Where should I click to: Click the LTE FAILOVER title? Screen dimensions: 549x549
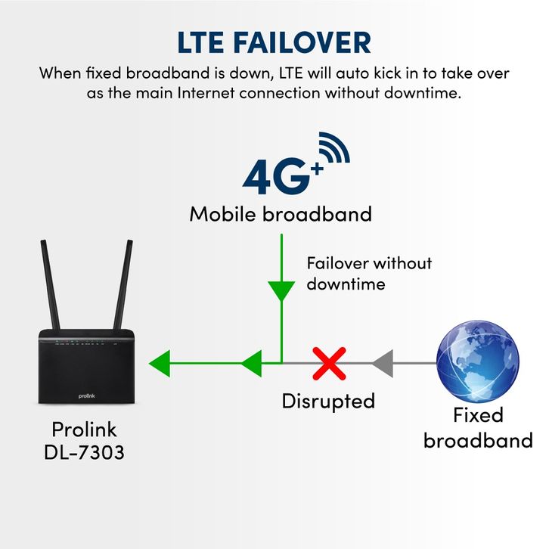(274, 42)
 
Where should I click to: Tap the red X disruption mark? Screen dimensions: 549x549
(329, 364)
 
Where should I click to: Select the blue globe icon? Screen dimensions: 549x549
(478, 361)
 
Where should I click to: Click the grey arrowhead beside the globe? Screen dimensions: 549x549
(383, 364)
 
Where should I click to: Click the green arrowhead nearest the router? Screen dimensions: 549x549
(160, 364)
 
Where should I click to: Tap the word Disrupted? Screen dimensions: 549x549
(328, 401)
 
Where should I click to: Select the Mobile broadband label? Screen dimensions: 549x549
(281, 214)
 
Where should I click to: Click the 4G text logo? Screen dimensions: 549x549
(277, 177)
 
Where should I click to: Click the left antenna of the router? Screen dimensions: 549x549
(51, 284)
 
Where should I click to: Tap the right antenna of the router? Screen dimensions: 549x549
(123, 284)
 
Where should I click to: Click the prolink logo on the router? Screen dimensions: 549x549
(86, 396)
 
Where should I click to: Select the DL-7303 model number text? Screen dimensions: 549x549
(84, 452)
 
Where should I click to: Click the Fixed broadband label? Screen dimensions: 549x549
(478, 428)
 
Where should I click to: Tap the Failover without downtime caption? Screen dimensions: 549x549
(369, 274)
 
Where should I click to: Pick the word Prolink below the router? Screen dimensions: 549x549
(84, 430)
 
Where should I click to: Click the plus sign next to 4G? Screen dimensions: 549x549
(317, 170)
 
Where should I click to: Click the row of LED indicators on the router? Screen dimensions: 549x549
(86, 341)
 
